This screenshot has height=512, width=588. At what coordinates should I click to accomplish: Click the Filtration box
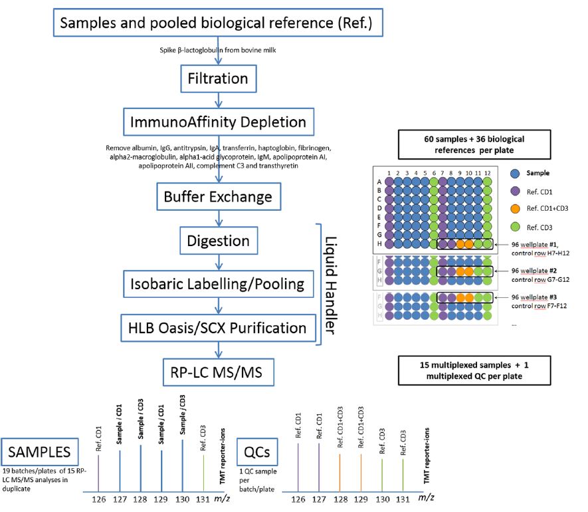[217, 79]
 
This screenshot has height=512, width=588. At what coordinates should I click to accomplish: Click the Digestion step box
[217, 241]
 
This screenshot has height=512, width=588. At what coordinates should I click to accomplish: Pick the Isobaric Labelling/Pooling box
[217, 284]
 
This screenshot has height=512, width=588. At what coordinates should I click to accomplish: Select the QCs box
[256, 452]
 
